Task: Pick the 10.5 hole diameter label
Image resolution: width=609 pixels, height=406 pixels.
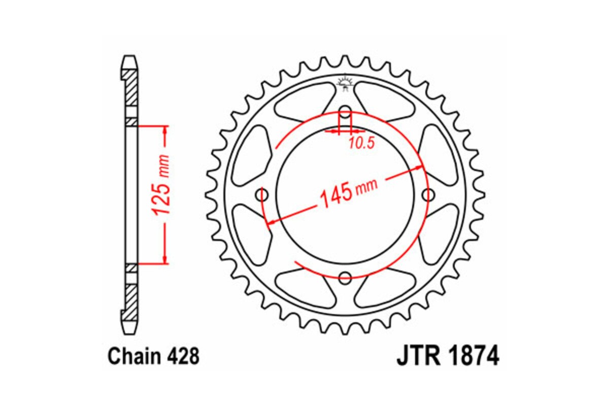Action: click(x=361, y=144)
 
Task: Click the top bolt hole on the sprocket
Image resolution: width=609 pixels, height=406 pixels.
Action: click(x=345, y=112)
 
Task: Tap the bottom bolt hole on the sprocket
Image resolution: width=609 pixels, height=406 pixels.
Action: click(x=345, y=277)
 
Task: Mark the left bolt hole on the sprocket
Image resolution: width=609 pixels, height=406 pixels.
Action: click(x=263, y=195)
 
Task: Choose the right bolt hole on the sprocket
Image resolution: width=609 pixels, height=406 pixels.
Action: click(x=428, y=195)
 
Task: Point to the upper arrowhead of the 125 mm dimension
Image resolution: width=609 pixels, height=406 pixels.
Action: click(x=165, y=129)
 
